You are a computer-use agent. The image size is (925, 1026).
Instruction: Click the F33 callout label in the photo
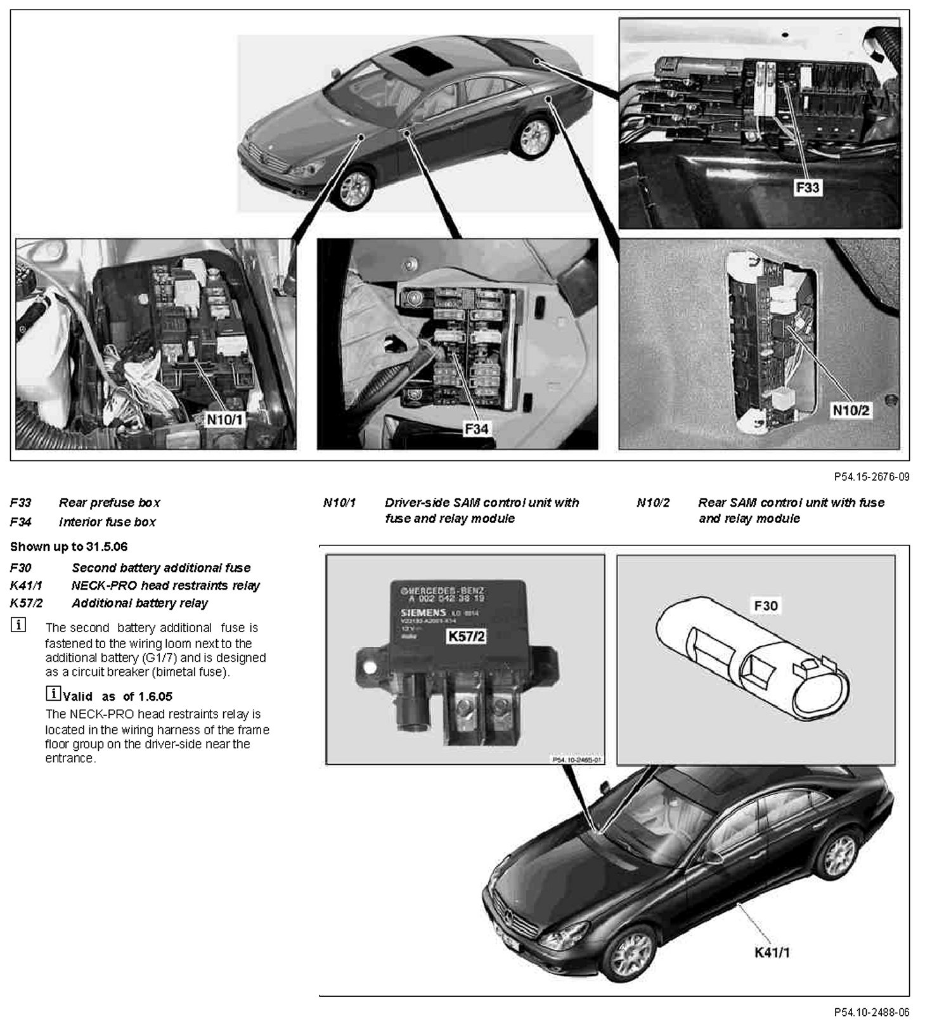tap(807, 188)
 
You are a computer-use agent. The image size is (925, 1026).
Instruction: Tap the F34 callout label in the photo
tap(476, 429)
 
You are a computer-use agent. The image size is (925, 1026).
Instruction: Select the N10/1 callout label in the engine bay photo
tap(224, 419)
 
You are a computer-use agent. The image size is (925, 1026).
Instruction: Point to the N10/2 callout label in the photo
tap(851, 410)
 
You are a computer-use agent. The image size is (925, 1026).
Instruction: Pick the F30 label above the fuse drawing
tap(765, 606)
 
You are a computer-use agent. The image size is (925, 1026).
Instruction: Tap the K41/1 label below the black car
tap(772, 952)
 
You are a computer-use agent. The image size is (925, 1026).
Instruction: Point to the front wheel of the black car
tap(629, 952)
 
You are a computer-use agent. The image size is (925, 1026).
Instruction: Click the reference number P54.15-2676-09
tap(871, 477)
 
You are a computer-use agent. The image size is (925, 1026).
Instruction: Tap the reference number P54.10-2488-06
tap(871, 1011)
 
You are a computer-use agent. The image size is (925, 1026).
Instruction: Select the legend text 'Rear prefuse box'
tap(110, 503)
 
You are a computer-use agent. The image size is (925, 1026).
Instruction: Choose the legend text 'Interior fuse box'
tap(107, 523)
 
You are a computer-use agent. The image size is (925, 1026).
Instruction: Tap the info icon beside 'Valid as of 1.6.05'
tap(54, 694)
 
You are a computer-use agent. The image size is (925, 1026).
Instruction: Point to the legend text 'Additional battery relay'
tap(139, 603)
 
